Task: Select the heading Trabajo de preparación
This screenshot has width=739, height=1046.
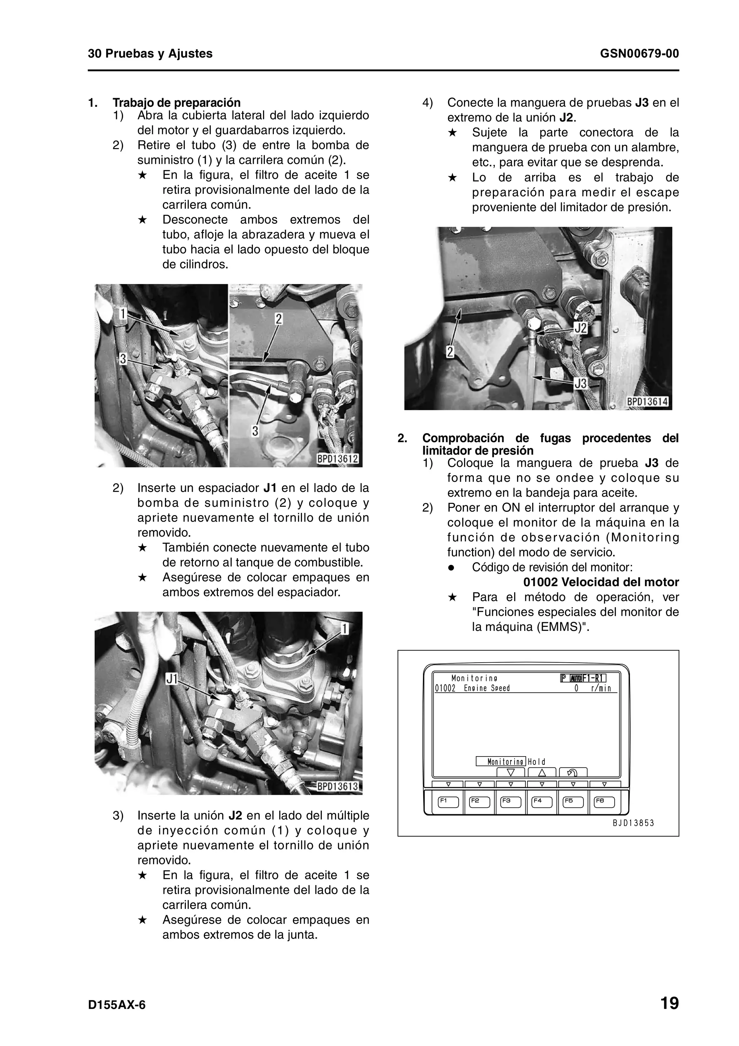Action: (177, 103)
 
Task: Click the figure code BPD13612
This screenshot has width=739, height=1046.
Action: (338, 459)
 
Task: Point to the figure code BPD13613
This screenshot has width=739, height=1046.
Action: (338, 787)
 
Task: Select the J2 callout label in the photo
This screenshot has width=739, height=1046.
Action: (581, 328)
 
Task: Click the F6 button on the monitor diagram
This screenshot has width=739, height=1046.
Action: (604, 802)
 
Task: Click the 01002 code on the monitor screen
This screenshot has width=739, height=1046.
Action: (445, 688)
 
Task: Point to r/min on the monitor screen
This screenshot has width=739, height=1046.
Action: (601, 688)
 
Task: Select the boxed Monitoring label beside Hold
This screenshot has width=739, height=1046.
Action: (501, 762)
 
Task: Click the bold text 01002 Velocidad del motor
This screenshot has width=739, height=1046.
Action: (600, 583)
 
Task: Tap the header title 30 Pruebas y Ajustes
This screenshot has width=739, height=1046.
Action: (150, 54)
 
